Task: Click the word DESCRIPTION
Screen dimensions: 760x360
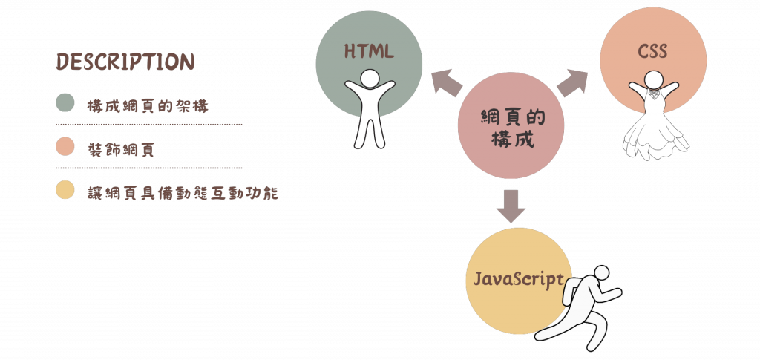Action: tap(125, 62)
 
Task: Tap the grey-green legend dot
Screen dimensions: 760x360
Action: tap(65, 103)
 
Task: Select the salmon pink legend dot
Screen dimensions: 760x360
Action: tap(65, 148)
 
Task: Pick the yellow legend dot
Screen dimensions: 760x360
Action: tap(65, 190)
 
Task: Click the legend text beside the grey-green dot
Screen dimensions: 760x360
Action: tap(145, 105)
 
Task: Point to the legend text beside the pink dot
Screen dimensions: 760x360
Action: tap(119, 149)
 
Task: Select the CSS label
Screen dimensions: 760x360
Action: tap(652, 52)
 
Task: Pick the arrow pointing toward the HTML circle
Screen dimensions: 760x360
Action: tap(446, 82)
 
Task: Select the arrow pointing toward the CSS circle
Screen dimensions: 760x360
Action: tap(571, 82)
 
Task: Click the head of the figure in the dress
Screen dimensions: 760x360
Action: tap(652, 79)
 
